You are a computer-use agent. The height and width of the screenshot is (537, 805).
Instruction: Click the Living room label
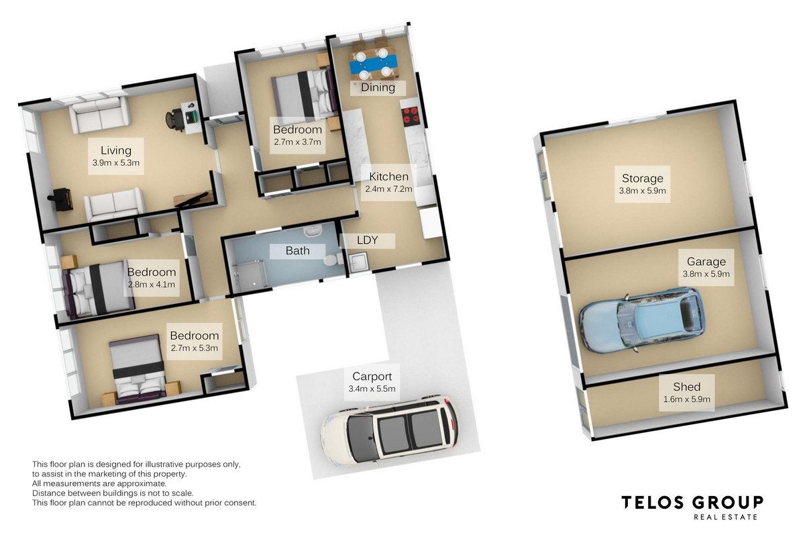(x=115, y=150)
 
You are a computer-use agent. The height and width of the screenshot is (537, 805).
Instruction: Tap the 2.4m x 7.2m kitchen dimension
(x=388, y=189)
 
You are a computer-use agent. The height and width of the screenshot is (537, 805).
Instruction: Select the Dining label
(x=378, y=87)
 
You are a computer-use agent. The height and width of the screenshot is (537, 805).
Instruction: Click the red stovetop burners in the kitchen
(x=411, y=115)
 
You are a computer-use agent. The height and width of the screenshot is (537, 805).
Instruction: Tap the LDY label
(x=367, y=240)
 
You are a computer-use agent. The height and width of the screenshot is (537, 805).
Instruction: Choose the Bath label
(x=298, y=250)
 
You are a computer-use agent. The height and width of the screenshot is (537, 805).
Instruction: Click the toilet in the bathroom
(x=332, y=259)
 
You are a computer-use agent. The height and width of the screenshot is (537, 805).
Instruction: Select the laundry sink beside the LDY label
(x=358, y=262)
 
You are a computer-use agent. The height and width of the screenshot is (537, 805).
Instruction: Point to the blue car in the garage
(x=641, y=319)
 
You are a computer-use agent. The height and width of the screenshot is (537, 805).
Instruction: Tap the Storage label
(x=642, y=178)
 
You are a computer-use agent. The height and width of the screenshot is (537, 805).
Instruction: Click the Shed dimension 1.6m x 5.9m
(x=686, y=399)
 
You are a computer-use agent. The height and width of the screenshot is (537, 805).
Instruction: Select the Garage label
(x=706, y=262)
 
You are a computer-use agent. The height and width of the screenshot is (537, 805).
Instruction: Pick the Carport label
(x=372, y=376)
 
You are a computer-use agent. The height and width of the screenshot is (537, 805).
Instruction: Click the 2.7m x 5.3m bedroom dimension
(x=194, y=348)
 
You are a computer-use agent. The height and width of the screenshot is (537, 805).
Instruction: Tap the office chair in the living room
(x=175, y=119)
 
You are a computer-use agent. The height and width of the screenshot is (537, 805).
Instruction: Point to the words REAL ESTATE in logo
(x=725, y=517)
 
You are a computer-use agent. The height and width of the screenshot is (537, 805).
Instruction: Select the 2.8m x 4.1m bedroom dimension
(x=152, y=285)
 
